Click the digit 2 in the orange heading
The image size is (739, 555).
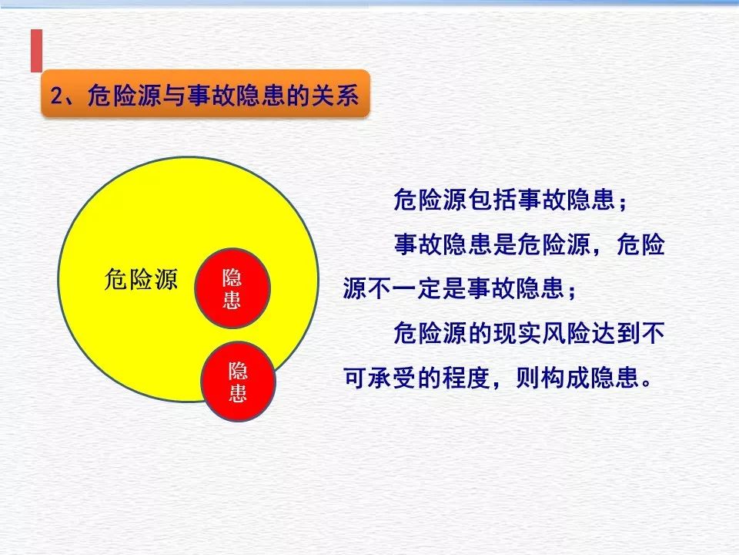pos(56,96)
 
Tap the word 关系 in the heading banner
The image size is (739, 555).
pos(335,96)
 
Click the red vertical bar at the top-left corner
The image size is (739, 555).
pos(35,50)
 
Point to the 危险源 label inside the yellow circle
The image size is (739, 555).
pos(141,280)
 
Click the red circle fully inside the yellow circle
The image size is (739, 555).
pos(231,289)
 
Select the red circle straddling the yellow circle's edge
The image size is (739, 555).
pos(237,382)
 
